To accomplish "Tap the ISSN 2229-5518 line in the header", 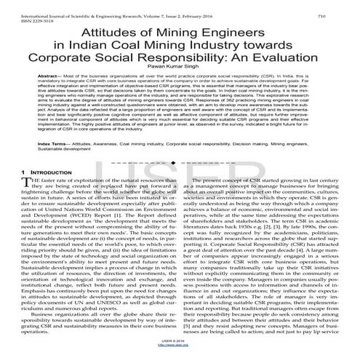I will coord(23,12).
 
